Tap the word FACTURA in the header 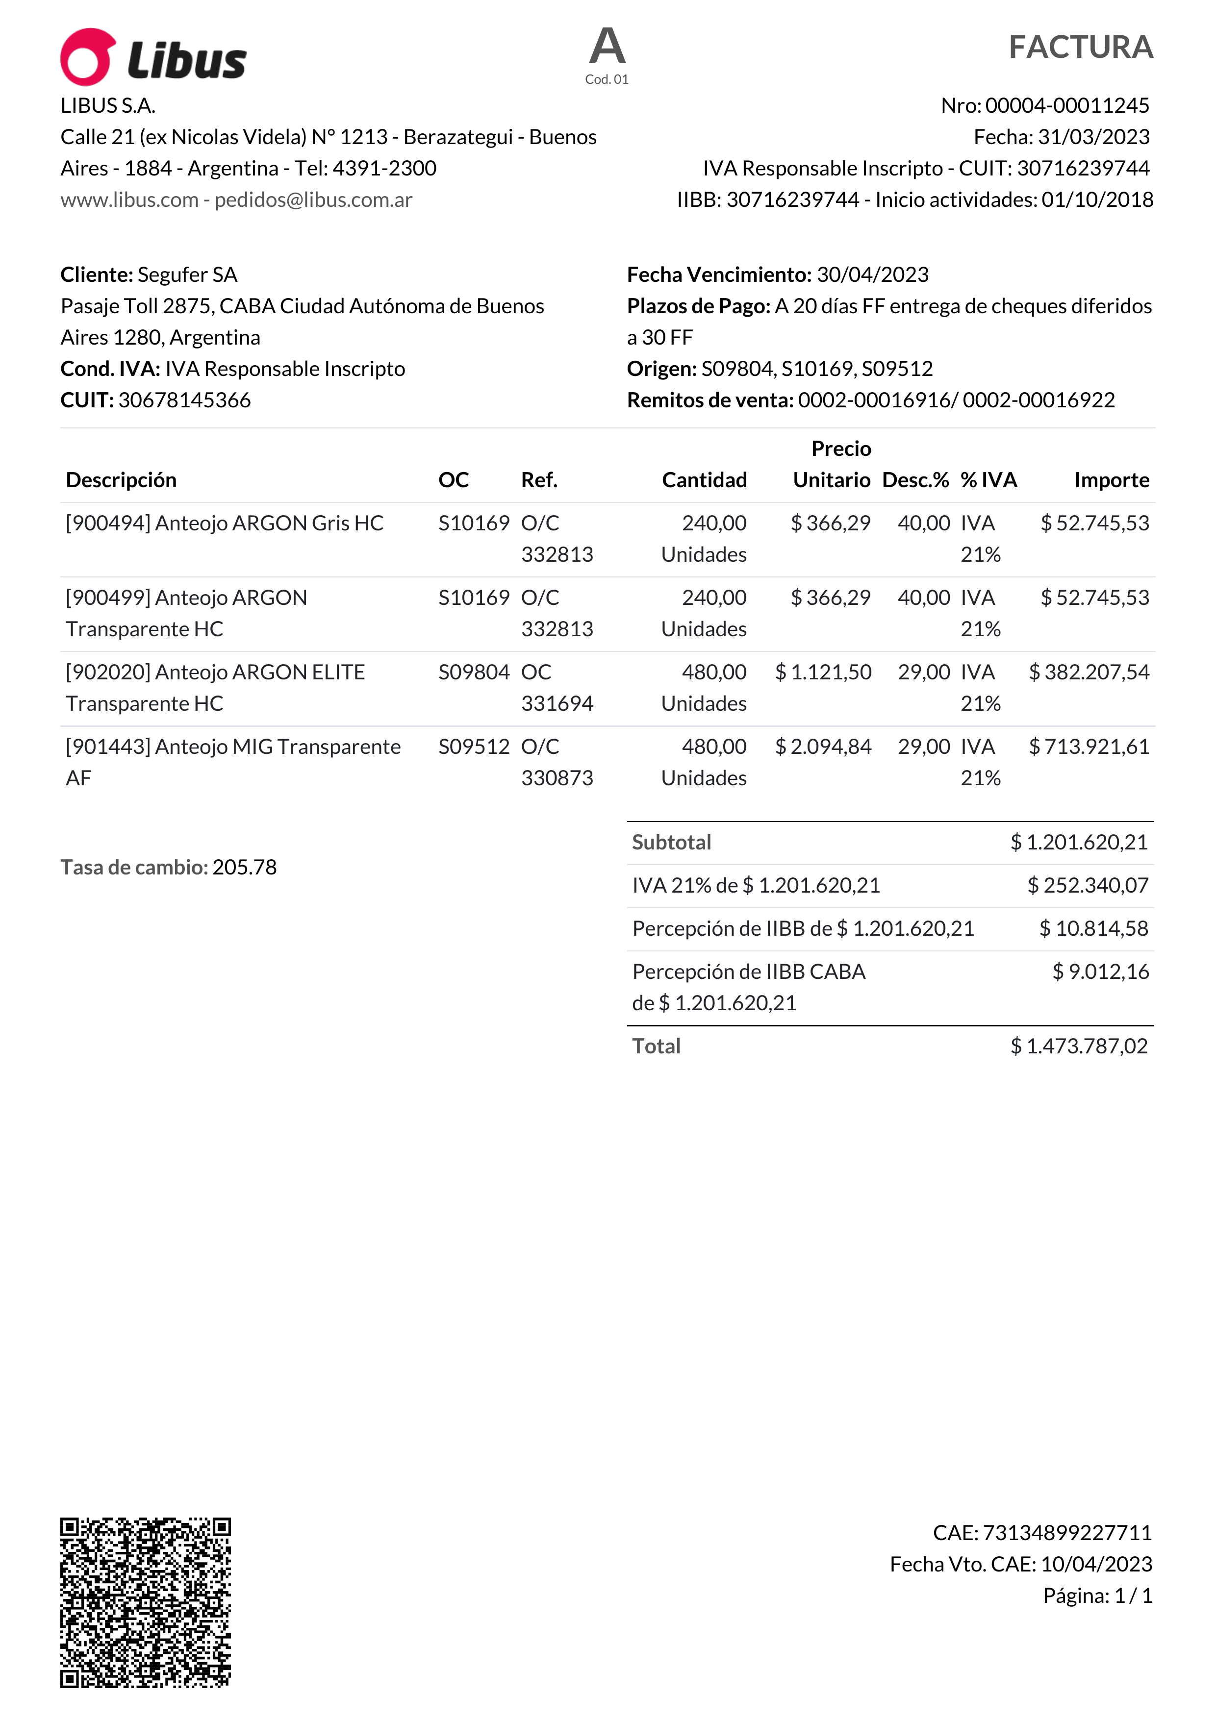[1080, 47]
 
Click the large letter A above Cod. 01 [607, 47]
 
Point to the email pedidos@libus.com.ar [313, 200]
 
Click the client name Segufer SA [187, 275]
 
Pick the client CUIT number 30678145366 [184, 400]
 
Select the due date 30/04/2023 [872, 275]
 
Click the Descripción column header [122, 480]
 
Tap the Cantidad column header [704, 480]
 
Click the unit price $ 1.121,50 [823, 672]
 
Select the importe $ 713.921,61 [1089, 747]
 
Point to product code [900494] [109, 523]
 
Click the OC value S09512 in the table [474, 747]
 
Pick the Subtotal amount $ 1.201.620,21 [1079, 843]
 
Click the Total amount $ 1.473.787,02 [1079, 1047]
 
